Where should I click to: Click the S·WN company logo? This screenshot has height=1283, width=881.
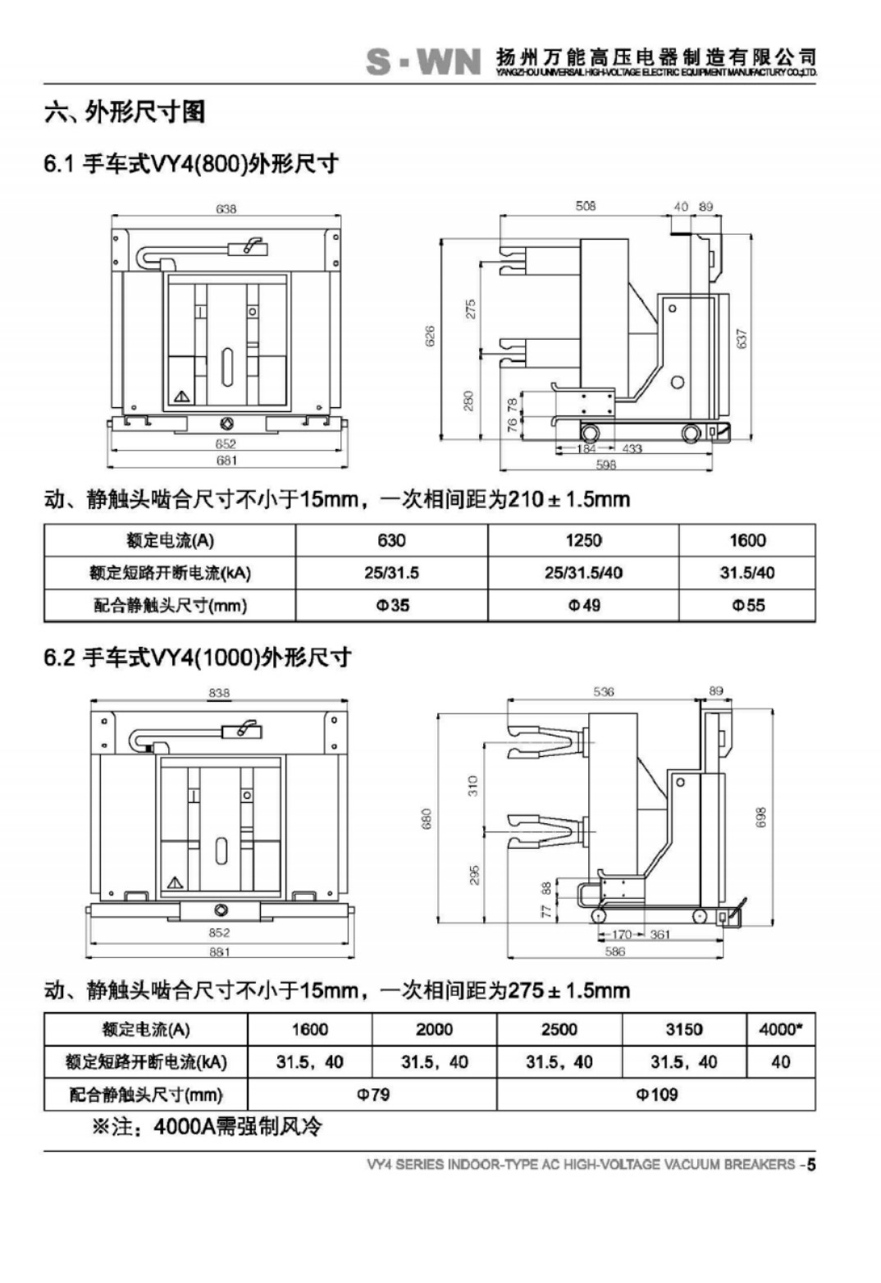423,62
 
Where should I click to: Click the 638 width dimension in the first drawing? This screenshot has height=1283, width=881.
226,208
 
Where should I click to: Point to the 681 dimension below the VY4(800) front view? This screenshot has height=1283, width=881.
226,461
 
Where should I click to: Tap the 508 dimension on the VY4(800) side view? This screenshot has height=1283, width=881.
586,206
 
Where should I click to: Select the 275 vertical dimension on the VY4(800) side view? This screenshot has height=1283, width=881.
471,309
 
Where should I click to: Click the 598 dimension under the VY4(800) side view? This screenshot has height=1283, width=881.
605,465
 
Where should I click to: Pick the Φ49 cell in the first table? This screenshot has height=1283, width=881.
584,606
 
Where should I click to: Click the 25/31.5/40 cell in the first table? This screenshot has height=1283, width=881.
583,573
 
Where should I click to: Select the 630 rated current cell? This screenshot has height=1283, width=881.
391,540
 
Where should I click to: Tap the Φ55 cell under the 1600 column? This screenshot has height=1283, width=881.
747,606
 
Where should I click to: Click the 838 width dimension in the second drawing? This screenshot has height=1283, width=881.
219,693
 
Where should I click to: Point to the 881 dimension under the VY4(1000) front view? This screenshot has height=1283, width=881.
219,951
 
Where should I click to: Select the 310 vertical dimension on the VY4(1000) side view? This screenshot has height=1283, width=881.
472,786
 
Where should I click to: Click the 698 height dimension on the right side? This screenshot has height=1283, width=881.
760,818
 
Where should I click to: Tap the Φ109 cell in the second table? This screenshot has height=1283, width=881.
656,1094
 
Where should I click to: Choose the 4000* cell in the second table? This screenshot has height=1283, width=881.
780,1029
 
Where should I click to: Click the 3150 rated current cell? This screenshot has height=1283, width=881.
684,1029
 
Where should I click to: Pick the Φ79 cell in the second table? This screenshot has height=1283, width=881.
372,1094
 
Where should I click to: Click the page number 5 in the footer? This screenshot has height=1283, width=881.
810,1164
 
